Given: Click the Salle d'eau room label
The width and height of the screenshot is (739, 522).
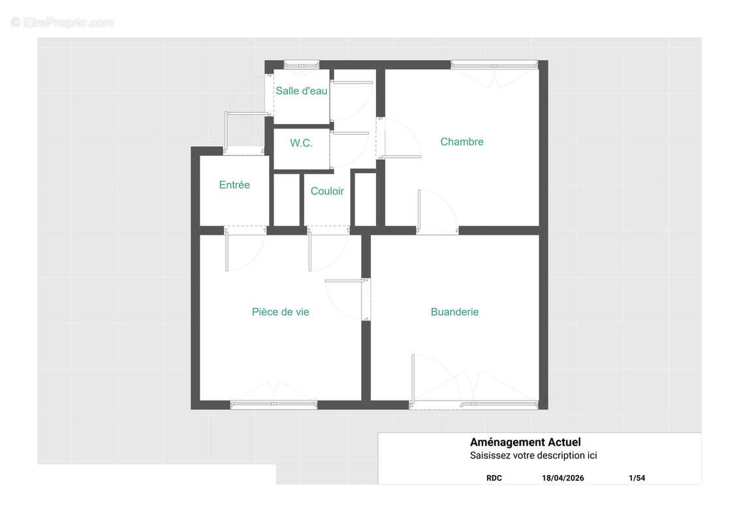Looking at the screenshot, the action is [301, 91].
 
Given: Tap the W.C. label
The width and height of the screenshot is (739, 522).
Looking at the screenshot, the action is [301, 143].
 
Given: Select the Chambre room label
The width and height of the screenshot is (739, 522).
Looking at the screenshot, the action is [462, 142].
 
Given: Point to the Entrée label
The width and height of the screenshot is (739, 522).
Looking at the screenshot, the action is [234, 185].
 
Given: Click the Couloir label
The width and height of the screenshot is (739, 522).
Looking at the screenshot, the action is [327, 191].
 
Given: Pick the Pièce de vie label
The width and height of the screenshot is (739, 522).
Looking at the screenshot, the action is [281, 312].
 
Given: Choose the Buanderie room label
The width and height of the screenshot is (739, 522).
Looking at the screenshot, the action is [454, 312].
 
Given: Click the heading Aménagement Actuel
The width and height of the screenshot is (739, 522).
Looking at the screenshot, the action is [525, 442].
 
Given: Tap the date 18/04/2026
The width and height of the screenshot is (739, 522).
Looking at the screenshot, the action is [563, 478].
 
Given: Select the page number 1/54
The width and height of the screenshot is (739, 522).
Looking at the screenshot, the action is [637, 478].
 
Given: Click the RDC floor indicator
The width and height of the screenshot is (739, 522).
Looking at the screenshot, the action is [494, 478].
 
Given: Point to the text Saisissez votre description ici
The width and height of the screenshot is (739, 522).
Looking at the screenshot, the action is [533, 455].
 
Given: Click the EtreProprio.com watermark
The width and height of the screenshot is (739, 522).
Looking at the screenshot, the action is [62, 22].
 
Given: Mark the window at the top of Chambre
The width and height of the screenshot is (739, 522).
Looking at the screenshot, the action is [494, 65].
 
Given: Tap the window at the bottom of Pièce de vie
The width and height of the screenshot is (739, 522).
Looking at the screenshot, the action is [274, 404].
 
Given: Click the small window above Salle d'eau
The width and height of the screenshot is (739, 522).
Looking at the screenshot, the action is [301, 65].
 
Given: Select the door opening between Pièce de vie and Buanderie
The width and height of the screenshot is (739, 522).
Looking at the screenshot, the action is [366, 299].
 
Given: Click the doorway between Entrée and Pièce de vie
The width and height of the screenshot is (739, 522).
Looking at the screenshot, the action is [245, 230].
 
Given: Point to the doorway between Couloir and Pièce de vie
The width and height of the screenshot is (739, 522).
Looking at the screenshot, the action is [328, 230].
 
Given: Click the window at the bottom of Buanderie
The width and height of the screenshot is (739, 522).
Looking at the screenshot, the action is [499, 404].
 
